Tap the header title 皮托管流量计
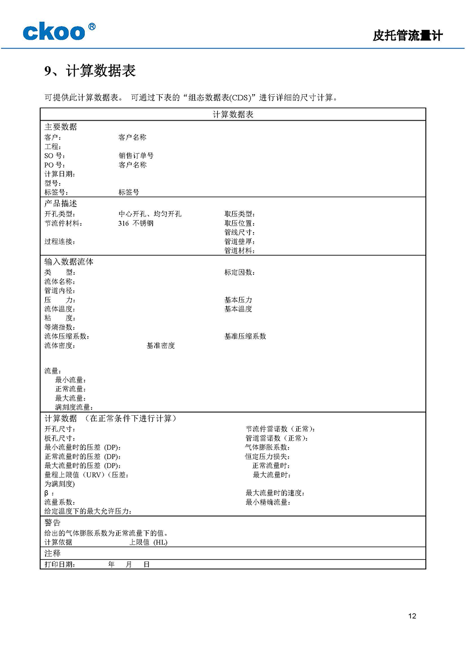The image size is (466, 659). point(407,35)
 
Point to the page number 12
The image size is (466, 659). point(412,616)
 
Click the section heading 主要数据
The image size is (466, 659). point(61,127)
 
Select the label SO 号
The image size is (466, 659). point(54,156)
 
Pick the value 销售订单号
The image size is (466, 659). point(136,156)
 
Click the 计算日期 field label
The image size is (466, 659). point(59,174)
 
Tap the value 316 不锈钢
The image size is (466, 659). point(136,223)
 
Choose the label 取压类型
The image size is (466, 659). point(239,214)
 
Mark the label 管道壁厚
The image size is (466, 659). point(239,241)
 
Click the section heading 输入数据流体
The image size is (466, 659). point(69,262)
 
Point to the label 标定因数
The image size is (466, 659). point(239,272)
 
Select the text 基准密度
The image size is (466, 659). point(160,345)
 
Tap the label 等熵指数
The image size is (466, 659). point(59,327)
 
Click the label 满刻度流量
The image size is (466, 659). point(74,407)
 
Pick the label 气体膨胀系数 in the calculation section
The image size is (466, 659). point(267,448)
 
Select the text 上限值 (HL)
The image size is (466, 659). point(148,542)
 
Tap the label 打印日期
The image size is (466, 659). point(59,564)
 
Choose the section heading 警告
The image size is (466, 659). point(52,523)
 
